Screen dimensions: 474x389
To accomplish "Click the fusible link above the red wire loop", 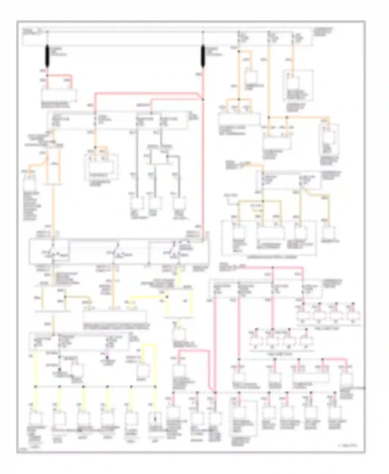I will tap(47, 56).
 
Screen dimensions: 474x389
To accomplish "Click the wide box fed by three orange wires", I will tap(239, 119).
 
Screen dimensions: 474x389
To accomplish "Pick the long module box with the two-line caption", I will tap(114, 316).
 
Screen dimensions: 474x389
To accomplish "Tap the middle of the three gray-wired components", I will tap(155, 204).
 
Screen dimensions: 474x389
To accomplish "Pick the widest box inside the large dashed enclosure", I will tap(270, 233).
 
